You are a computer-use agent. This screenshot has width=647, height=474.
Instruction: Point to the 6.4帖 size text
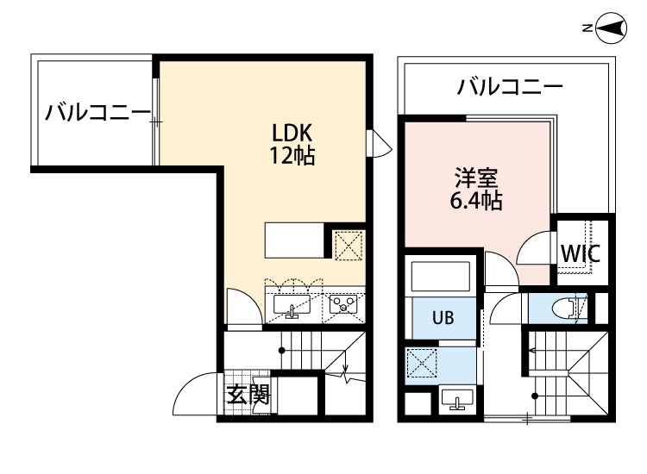[476, 203]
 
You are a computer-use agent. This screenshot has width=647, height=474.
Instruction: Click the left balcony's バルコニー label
[98, 112]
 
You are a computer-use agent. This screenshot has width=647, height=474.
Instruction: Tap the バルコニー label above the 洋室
[510, 86]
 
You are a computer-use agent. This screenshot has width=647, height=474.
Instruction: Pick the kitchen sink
[293, 305]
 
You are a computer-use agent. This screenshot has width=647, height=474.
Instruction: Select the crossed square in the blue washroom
[423, 364]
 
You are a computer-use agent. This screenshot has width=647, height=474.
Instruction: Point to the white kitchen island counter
[293, 240]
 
